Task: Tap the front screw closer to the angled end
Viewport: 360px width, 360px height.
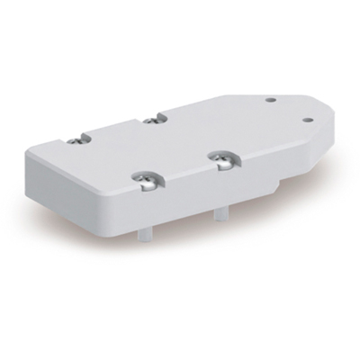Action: click(220, 160)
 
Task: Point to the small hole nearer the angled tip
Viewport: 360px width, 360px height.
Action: click(307, 118)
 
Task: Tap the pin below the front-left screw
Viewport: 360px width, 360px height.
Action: click(145, 230)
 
